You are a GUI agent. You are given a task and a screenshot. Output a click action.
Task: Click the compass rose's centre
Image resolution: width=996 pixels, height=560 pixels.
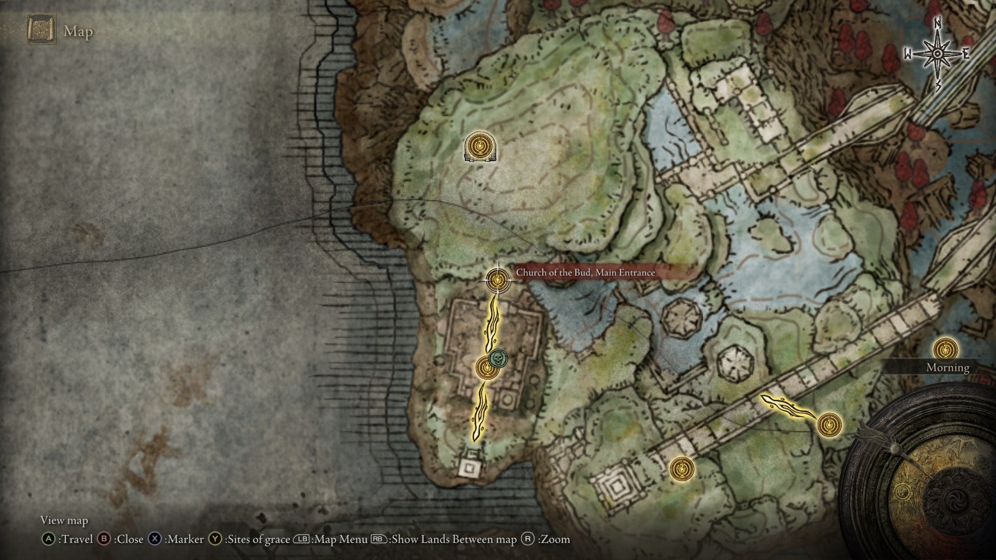(937, 54)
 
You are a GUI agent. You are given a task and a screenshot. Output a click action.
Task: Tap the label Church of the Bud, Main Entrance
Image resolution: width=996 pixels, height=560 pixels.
(585, 273)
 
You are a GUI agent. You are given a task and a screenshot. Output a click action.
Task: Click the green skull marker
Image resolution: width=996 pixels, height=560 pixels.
(498, 358)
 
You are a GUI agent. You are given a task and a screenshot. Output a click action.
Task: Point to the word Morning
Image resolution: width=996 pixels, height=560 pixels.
(948, 368)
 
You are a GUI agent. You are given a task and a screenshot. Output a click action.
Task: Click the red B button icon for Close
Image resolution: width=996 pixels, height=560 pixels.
(105, 539)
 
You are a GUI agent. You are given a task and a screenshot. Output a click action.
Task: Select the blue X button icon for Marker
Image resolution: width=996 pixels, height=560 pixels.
(155, 539)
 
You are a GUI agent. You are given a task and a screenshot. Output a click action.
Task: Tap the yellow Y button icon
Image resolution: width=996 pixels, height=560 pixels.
(215, 539)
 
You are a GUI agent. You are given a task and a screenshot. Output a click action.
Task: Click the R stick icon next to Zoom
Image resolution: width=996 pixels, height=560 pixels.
(528, 539)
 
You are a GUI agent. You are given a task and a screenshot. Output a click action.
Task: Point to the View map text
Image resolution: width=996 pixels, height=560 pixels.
(64, 520)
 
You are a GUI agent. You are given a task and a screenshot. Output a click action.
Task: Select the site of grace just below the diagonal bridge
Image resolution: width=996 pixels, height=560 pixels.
(681, 469)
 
